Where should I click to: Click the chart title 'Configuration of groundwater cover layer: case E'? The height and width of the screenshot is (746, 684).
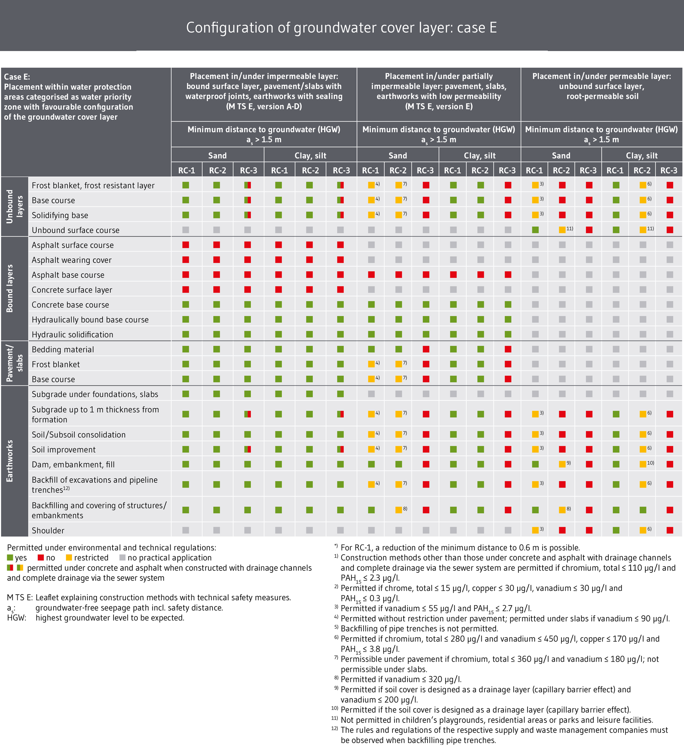[x=341, y=28]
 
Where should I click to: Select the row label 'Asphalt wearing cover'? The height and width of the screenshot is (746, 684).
[x=72, y=260]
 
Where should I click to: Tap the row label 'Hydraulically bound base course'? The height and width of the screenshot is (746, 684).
[x=90, y=320]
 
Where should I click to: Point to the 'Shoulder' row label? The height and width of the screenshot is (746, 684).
[x=48, y=530]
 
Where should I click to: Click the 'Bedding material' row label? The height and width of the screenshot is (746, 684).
[x=63, y=350]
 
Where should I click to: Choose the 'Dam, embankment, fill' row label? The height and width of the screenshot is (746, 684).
[x=73, y=465]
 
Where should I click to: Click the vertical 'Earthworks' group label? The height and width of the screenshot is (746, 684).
[x=10, y=461]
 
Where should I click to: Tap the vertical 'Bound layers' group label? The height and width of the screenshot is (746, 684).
[x=10, y=288]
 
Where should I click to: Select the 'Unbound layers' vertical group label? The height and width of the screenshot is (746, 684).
[x=15, y=207]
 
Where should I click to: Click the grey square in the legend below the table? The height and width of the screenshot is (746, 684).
[x=123, y=557]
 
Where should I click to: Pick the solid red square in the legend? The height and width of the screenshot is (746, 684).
[x=41, y=557]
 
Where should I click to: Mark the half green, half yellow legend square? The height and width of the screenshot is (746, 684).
[x=20, y=567]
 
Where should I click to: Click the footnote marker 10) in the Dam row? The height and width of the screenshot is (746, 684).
[x=650, y=463]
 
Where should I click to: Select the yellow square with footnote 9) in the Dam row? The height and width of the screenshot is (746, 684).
[x=562, y=464]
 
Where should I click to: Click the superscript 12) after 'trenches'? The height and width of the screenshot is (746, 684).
[x=66, y=488]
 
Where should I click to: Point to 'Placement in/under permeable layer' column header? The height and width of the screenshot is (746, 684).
[x=601, y=77]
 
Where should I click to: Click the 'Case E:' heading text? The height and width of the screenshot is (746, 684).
[x=17, y=77]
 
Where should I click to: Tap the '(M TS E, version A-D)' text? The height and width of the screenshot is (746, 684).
[x=264, y=107]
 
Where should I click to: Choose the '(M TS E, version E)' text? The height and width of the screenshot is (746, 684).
[x=439, y=107]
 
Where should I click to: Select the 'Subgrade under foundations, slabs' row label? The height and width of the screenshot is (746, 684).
[x=95, y=394]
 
